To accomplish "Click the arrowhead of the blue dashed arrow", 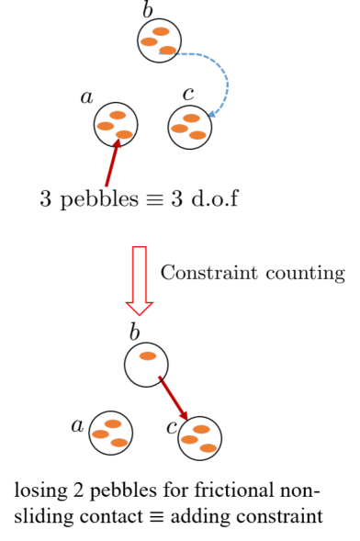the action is [212, 114].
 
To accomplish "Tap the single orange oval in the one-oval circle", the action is [148, 356].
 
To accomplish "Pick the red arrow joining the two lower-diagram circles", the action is [173, 398].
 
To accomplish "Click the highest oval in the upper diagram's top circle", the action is [161, 31].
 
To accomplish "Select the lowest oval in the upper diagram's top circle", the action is [167, 51].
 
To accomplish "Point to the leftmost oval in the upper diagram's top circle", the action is [149, 41].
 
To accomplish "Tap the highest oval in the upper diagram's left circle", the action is [118, 115].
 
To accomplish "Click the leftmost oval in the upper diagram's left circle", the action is [106, 126].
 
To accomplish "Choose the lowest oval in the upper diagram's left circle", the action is [124, 135].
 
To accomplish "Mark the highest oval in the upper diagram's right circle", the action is [191, 118].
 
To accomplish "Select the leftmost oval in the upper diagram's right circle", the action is [179, 129].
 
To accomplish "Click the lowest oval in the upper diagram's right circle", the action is [197, 135].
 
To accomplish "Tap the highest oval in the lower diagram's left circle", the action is [113, 424].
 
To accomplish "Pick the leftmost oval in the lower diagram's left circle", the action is [100, 434].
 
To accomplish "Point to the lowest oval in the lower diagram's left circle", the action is [119, 443].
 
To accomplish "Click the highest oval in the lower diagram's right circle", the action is [201, 429].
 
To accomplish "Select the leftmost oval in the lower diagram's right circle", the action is [189, 440].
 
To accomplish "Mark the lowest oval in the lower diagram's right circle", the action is [208, 448].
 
